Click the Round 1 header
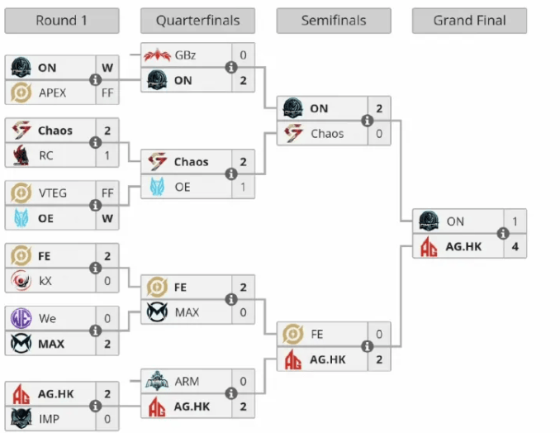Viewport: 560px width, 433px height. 61,21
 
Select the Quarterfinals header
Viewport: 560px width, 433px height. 197,21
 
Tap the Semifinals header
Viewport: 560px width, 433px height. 333,21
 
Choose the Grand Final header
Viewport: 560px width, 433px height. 469,21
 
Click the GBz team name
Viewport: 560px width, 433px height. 186,56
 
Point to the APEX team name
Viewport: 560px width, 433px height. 52,93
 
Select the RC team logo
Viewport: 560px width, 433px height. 21,155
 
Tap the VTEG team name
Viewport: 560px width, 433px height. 53,193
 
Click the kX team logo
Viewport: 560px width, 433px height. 21,280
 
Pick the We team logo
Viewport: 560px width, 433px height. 21,318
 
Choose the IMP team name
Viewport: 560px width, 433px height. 50,419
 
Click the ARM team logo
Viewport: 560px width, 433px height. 157,382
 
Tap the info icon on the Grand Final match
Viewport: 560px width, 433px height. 503,234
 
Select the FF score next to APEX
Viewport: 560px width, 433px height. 107,93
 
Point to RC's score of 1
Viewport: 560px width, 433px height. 107,155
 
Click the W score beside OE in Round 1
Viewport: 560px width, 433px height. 107,218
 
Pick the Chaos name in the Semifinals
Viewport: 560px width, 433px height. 326,134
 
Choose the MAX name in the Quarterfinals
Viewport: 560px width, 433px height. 187,312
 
